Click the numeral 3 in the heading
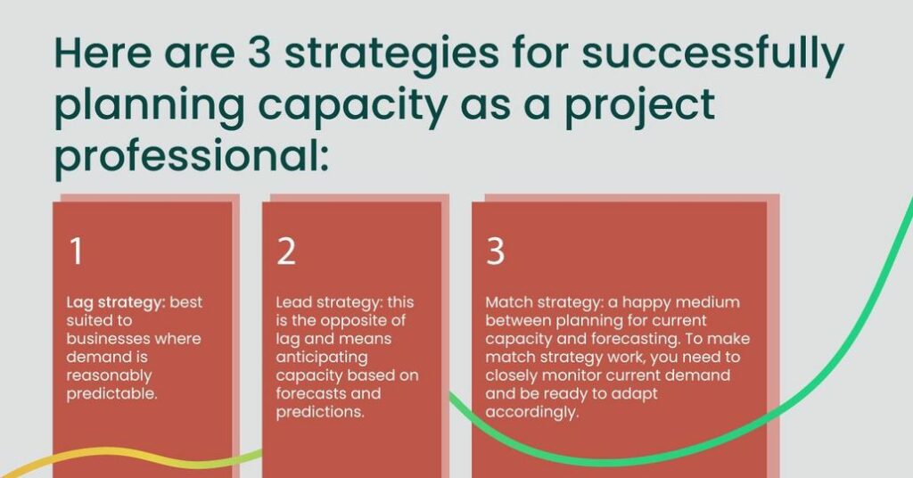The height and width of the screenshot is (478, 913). (259, 53)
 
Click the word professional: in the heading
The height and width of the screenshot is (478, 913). (192, 157)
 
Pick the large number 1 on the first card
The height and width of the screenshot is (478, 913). (76, 251)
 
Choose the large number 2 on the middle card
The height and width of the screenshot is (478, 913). (286, 251)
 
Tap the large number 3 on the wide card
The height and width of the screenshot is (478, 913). (495, 251)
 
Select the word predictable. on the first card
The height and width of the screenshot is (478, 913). (111, 393)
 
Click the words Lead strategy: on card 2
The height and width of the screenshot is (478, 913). (328, 302)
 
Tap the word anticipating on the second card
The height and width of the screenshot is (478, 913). (321, 357)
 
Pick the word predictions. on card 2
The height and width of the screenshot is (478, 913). (320, 412)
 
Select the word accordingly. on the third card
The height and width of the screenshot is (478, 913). (532, 412)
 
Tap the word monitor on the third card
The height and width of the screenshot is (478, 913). (571, 375)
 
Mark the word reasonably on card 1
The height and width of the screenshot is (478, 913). (109, 375)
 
